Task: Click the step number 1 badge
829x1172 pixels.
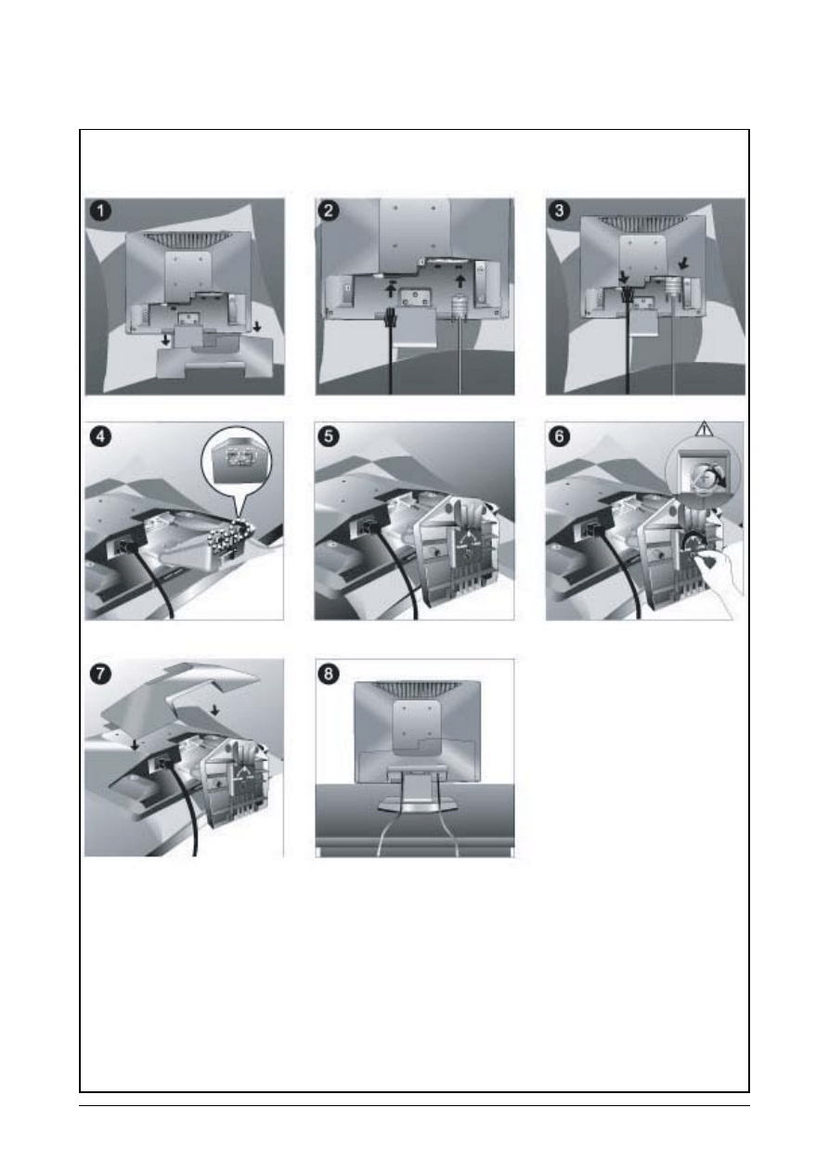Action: click(x=100, y=212)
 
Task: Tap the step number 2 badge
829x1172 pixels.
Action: click(x=328, y=211)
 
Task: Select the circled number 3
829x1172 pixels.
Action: click(x=559, y=211)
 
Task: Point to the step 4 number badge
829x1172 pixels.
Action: click(x=100, y=436)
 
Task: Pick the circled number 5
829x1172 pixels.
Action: click(x=328, y=436)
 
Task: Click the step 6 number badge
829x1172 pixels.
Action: click(x=559, y=436)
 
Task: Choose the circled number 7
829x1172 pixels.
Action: click(x=100, y=674)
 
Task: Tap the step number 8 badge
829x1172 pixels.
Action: click(x=328, y=674)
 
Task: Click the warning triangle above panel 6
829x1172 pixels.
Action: click(x=705, y=430)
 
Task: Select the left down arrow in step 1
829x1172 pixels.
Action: click(x=165, y=340)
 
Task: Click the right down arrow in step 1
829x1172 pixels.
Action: click(x=256, y=327)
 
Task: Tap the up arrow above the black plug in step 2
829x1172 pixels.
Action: click(x=390, y=289)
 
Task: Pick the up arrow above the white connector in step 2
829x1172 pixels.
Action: click(x=460, y=281)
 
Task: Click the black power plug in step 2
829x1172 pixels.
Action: click(x=390, y=318)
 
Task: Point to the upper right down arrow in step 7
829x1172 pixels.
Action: click(x=214, y=710)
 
